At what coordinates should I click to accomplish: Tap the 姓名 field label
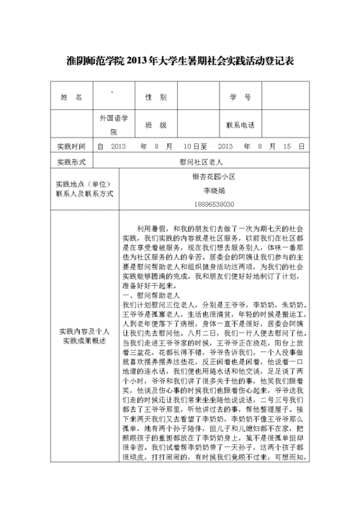[73, 97]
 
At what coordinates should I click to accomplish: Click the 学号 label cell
[240, 97]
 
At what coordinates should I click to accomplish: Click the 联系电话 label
[240, 125]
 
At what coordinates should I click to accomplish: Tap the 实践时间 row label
[71, 146]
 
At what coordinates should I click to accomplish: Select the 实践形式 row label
[71, 162]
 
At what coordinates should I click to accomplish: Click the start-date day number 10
[188, 146]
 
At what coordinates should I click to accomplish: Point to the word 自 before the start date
[100, 146]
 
